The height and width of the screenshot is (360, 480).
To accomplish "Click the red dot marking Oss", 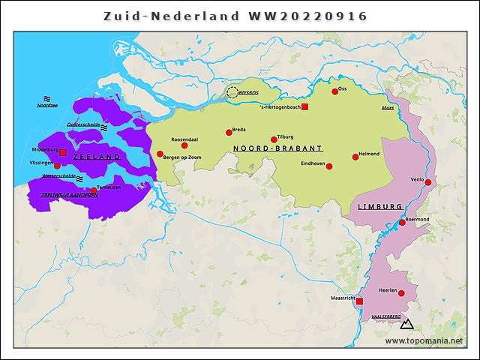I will (335, 91).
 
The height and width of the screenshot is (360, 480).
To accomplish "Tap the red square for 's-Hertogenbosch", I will (304, 108).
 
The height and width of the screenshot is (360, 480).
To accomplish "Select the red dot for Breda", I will (229, 133).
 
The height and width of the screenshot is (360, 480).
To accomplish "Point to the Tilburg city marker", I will (274, 139).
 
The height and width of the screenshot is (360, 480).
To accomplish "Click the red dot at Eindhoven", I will (329, 166).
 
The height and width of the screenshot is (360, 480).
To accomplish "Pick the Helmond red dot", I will (355, 157).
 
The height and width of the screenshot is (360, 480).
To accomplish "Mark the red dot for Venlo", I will (428, 182).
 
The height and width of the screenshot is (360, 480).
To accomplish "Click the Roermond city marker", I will (403, 223).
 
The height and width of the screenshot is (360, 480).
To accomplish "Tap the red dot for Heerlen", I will (401, 293).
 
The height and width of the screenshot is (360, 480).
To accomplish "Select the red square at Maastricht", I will (359, 301).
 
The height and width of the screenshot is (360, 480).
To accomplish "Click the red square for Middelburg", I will (63, 153).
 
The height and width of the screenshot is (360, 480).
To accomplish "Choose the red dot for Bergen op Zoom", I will (160, 154).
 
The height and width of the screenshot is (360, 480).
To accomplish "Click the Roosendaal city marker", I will (184, 145).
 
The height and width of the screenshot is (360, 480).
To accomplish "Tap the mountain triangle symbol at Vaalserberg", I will (407, 324).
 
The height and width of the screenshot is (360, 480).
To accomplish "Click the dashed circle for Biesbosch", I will (232, 92).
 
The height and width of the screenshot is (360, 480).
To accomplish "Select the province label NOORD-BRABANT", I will (277, 148).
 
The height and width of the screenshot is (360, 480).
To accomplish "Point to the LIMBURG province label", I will (379, 206).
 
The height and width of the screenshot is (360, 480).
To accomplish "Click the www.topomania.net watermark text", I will (424, 340).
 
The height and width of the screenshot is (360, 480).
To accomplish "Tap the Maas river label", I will (388, 108).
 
